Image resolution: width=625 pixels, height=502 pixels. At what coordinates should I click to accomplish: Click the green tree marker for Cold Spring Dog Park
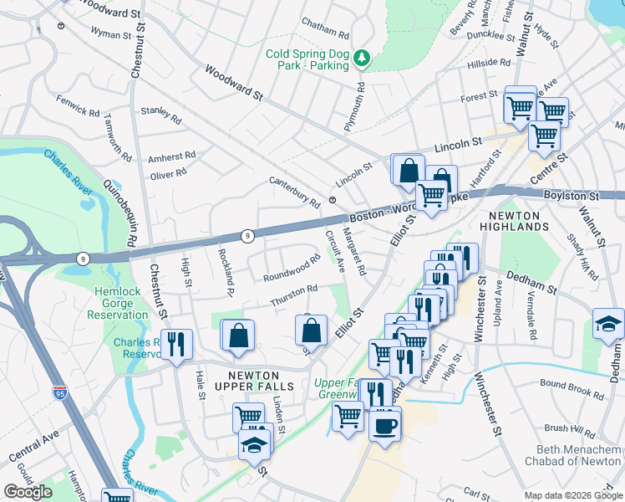362,58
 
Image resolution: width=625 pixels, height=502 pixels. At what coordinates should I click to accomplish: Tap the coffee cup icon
385,426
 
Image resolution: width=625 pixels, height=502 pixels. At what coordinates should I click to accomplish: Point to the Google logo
28,492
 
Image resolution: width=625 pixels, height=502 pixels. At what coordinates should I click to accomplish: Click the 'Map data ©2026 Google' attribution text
572,495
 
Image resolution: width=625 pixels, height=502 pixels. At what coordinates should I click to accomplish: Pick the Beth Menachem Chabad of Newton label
573,455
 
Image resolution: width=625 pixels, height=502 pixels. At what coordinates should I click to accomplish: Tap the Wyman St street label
117,34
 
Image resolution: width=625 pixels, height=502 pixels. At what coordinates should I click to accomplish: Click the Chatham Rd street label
325,34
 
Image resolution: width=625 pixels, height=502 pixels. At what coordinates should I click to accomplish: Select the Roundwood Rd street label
292,269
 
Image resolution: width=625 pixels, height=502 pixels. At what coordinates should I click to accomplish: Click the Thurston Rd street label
292,295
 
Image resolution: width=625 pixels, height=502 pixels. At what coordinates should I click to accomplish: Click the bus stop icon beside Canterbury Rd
332,200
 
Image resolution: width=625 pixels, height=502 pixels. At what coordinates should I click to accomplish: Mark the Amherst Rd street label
171,156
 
